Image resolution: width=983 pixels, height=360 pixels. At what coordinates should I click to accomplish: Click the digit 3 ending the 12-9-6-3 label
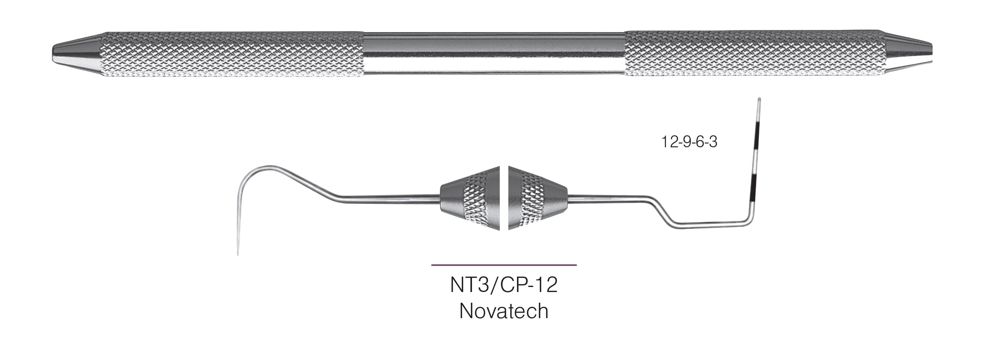[x=713, y=142]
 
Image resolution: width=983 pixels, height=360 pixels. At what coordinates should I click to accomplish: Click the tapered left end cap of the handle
[x=76, y=54]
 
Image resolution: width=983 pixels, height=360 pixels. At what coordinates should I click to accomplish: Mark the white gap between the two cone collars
[x=504, y=198]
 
